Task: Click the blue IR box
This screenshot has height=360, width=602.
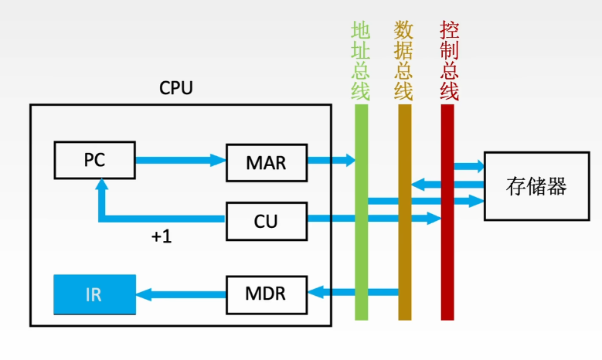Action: pyautogui.click(x=95, y=295)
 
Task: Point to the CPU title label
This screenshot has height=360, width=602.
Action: pyautogui.click(x=176, y=88)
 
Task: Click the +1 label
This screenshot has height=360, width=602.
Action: pyautogui.click(x=162, y=236)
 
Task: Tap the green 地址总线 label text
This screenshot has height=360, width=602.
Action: pyautogui.click(x=361, y=60)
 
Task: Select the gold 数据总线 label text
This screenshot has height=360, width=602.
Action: pyautogui.click(x=403, y=60)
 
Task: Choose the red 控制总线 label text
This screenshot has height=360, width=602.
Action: pyautogui.click(x=449, y=60)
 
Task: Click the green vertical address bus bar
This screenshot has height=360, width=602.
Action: pyautogui.click(x=361, y=212)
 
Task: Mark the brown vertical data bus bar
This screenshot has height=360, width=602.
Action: pyautogui.click(x=405, y=212)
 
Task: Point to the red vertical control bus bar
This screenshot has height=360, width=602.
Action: pyautogui.click(x=447, y=212)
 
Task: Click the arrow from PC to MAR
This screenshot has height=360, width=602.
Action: pyautogui.click(x=181, y=160)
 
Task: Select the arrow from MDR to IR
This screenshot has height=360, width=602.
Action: pyautogui.click(x=181, y=295)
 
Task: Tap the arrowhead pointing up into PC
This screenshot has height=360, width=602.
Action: pyautogui.click(x=102, y=185)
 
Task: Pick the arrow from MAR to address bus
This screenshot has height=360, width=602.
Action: pyautogui.click(x=332, y=160)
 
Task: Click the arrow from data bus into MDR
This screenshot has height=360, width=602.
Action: pyautogui.click(x=353, y=293)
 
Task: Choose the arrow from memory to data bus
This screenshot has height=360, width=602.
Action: pyautogui.click(x=447, y=184)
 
